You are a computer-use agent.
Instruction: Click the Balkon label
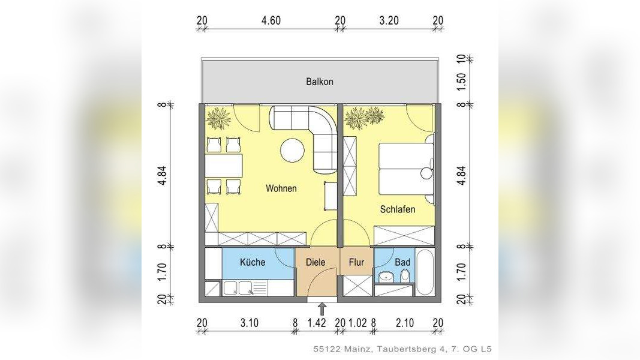tap(319, 82)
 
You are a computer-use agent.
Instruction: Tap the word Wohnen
tap(281, 188)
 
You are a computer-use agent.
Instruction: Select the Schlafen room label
tap(398, 209)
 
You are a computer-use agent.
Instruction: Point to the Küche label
tap(253, 262)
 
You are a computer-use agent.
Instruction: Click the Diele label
tap(316, 262)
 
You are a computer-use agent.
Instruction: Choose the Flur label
tap(356, 262)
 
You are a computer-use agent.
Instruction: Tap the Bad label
tap(402, 262)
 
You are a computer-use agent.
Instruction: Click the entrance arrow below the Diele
tap(322, 308)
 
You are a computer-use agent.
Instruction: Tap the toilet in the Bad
tap(405, 276)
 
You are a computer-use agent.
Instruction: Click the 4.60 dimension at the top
tap(271, 20)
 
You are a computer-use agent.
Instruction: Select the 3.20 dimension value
tap(389, 20)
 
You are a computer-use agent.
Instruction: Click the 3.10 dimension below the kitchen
tap(249, 323)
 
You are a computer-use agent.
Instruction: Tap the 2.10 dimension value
tap(405, 323)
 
